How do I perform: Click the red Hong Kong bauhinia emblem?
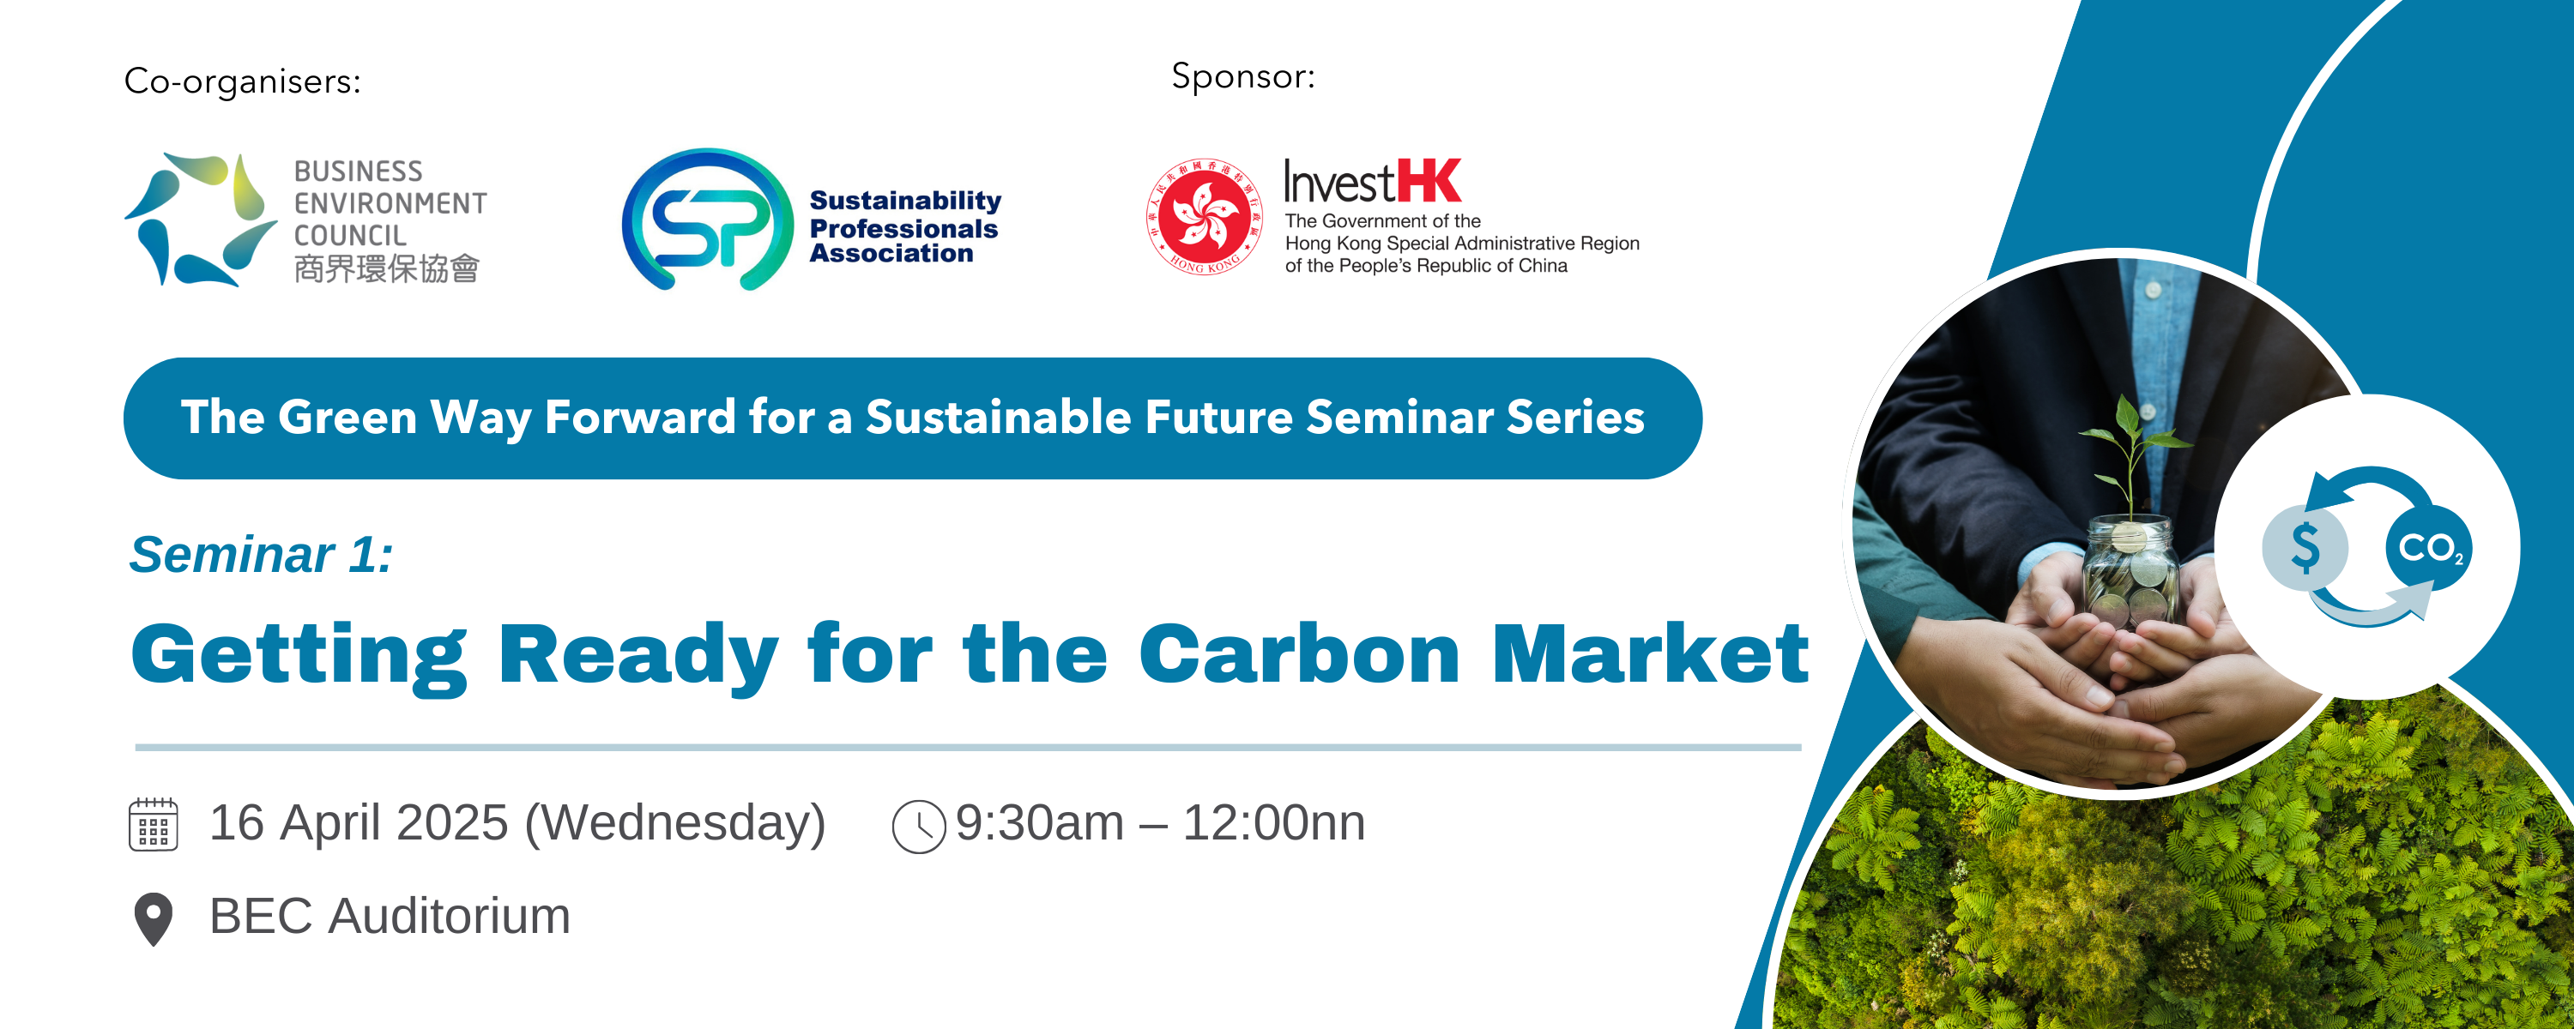(1204, 216)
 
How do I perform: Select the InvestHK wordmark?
(1372, 181)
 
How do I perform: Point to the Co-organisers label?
(242, 81)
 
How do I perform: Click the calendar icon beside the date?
(153, 824)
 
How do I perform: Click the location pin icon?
(153, 919)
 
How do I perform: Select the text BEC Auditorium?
(390, 916)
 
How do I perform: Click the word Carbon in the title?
(1299, 654)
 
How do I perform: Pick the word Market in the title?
(1651, 654)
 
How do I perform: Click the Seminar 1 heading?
(261, 555)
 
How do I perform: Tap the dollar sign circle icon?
(2305, 547)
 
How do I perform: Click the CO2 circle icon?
(2429, 547)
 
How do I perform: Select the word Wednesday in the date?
(674, 824)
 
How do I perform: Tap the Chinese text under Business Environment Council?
(387, 268)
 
